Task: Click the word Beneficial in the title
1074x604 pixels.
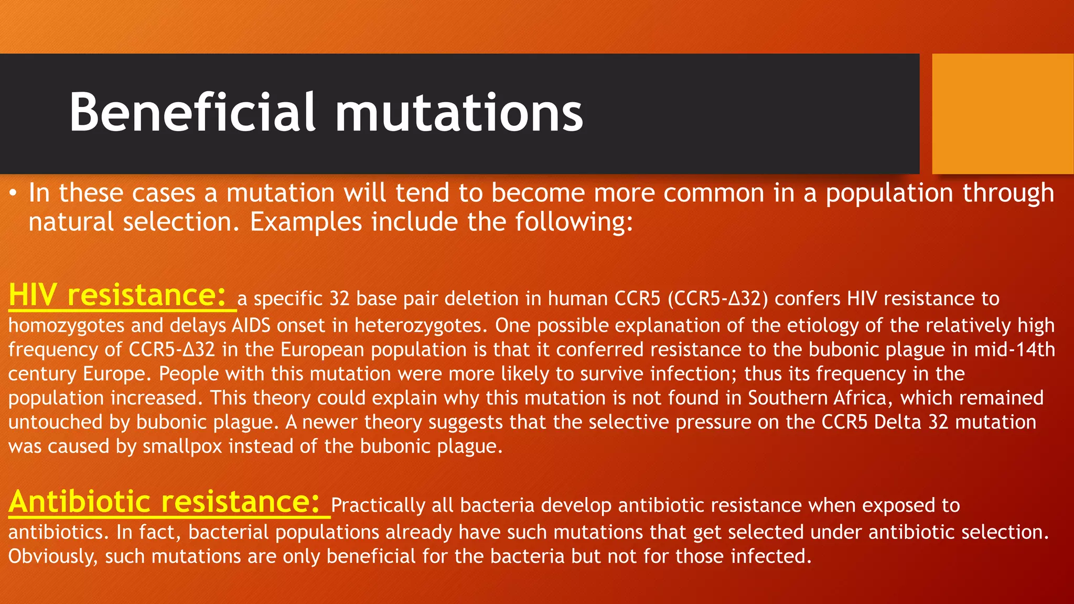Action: tap(192, 112)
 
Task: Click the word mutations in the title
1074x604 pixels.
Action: tap(458, 112)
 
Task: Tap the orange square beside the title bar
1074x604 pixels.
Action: tap(1003, 114)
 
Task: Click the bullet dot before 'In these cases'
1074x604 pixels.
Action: tap(14, 195)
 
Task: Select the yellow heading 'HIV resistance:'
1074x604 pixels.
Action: tap(117, 295)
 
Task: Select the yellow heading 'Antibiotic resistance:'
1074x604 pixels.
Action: tap(164, 502)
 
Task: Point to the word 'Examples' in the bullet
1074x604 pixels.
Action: tap(306, 222)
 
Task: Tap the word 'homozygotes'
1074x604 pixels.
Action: tap(66, 326)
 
